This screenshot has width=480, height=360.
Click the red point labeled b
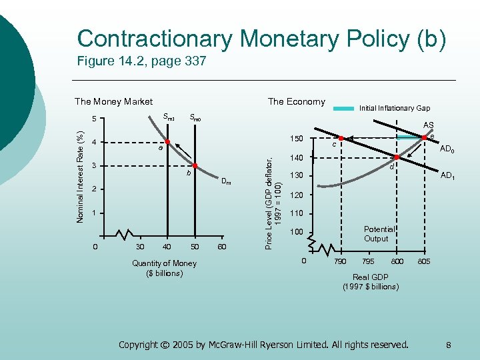click(195, 165)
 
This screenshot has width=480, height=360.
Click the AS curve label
click(428, 125)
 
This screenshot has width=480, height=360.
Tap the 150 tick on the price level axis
click(297, 139)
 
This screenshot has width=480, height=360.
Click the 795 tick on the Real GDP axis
click(368, 262)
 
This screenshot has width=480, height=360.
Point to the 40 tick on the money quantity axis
click(167, 247)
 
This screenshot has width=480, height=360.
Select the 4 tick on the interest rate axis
click(95, 142)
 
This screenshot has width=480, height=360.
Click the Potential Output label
click(376, 233)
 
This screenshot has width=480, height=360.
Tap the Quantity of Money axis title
click(164, 268)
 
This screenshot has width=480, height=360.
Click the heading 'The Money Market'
click(113, 101)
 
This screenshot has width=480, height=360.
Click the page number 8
click(449, 345)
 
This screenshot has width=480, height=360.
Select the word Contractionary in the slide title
click(155, 38)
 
